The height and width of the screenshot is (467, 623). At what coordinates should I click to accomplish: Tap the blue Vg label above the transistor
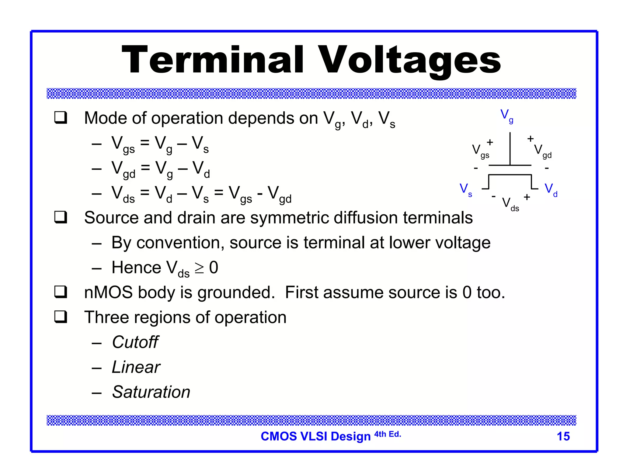click(506, 116)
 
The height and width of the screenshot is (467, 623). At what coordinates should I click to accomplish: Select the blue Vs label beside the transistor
click(465, 190)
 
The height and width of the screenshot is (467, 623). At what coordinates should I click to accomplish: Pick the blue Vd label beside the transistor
click(551, 190)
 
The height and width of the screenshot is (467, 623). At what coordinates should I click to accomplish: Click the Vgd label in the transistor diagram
click(542, 151)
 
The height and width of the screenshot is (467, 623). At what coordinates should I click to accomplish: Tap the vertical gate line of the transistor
click(510, 149)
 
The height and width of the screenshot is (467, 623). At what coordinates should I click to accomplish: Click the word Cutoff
click(135, 342)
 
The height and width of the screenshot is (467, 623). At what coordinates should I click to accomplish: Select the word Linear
click(136, 367)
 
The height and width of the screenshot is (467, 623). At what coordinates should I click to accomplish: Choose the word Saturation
click(151, 392)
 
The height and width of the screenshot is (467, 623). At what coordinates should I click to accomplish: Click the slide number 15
click(563, 436)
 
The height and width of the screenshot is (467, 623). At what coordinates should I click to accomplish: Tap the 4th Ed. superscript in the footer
click(388, 434)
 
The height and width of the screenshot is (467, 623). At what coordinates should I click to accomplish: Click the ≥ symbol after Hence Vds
click(199, 268)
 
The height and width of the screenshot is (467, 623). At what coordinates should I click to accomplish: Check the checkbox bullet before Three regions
click(61, 317)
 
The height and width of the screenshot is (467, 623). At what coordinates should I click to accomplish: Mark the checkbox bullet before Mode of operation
click(61, 118)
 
